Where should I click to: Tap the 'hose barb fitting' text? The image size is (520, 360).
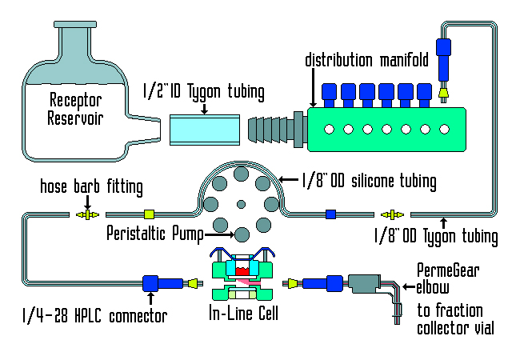[x=91, y=188]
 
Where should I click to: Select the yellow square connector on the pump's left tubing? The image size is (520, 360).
[x=148, y=214]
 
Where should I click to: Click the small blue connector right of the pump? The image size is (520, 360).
[x=330, y=214]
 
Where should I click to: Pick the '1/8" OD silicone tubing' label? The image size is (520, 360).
[x=369, y=182]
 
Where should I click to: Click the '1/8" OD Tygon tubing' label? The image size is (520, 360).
[x=436, y=237]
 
